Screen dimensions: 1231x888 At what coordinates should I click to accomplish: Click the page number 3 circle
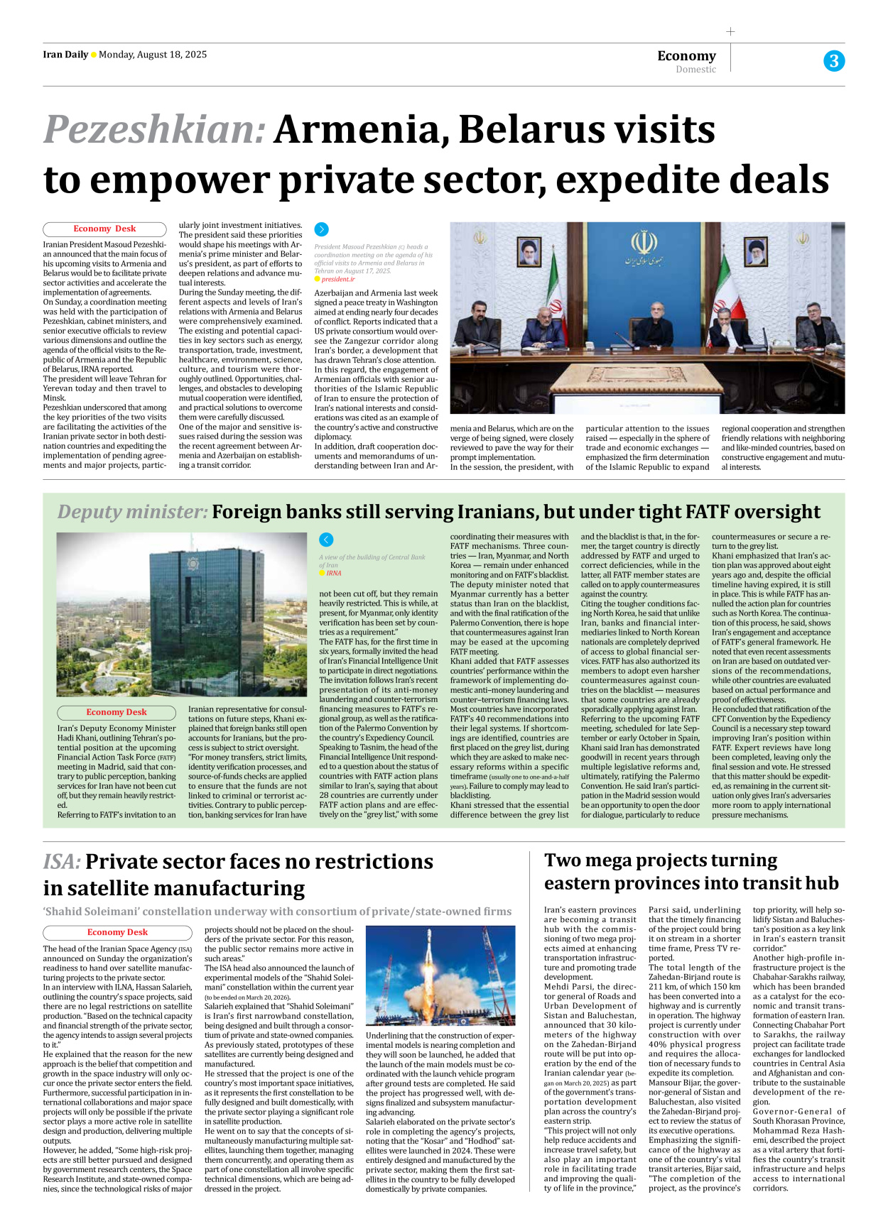(834, 61)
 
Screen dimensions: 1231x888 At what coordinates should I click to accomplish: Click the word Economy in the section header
(686, 55)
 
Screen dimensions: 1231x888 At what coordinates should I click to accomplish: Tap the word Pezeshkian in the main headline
(154, 130)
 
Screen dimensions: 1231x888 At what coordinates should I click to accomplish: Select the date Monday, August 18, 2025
(153, 55)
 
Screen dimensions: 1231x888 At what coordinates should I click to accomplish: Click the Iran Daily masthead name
(65, 55)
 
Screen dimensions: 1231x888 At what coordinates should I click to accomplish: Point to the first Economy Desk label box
(104, 229)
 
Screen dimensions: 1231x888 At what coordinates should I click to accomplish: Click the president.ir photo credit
(337, 279)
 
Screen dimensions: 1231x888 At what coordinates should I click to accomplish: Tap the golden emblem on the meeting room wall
(644, 243)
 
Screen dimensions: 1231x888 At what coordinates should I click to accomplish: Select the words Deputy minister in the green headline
(132, 512)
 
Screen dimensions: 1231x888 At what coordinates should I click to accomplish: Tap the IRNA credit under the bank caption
(333, 573)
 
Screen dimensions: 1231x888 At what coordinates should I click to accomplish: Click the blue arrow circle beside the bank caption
(326, 540)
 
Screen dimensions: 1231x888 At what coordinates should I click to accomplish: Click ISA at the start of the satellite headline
(62, 862)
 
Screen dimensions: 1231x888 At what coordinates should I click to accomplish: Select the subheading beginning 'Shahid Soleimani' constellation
(277, 912)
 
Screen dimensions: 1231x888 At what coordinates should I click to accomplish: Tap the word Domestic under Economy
(695, 70)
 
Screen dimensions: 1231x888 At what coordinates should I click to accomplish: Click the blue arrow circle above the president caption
(322, 229)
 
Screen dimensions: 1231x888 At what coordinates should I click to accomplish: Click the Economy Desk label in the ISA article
(117, 932)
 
